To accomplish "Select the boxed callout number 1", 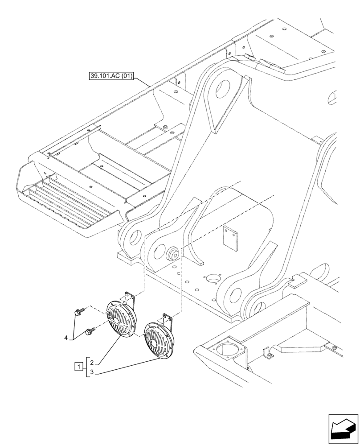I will tap(78, 367).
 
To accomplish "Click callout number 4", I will tap(66, 338).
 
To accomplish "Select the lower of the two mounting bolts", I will tap(90, 331).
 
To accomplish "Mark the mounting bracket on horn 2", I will tap(130, 297).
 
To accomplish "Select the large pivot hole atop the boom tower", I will tap(221, 90).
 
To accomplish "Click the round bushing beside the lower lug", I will tap(173, 254).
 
